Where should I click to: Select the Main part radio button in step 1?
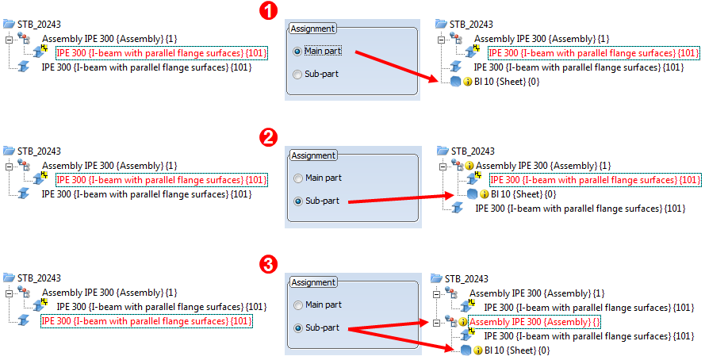pos(297,52)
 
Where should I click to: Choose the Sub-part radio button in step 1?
pos(297,75)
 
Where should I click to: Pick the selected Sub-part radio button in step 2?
pos(297,201)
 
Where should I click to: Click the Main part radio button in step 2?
pos(297,178)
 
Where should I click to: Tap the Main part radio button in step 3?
pos(297,304)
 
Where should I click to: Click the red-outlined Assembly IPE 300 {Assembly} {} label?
pos(534,322)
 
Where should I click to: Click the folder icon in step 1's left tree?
pos(9,24)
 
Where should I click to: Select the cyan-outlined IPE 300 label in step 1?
pos(593,53)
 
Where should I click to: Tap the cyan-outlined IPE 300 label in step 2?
pos(595,180)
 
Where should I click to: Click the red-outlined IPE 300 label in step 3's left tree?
pos(147,321)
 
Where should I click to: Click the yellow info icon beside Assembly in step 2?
pos(469,166)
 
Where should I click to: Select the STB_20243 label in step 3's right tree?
pos(466,278)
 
